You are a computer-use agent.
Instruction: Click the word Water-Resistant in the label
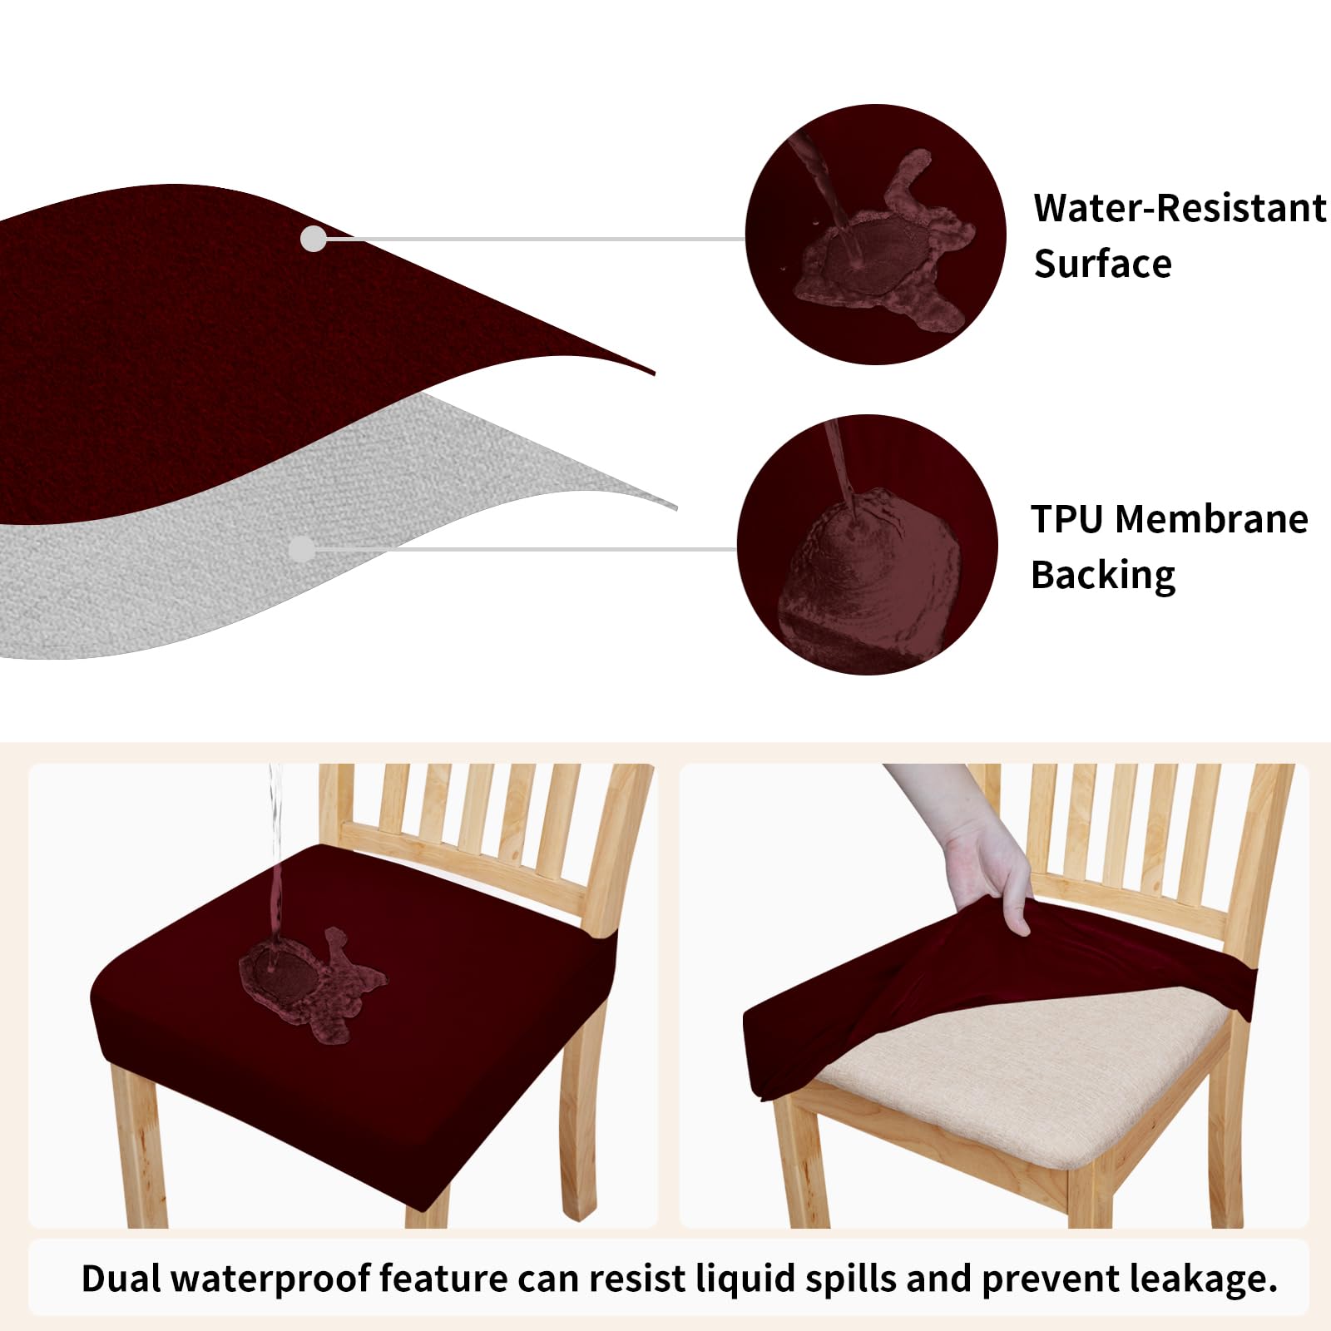1179,208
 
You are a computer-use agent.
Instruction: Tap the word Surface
1102,264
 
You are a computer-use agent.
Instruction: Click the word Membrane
1211,519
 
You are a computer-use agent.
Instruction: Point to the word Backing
1102,576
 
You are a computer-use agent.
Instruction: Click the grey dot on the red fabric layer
314,239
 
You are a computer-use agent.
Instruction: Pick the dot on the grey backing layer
302,549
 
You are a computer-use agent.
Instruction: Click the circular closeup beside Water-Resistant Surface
875,234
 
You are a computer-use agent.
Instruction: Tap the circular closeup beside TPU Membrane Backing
867,545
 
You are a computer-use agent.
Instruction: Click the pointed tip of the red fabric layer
649,372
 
